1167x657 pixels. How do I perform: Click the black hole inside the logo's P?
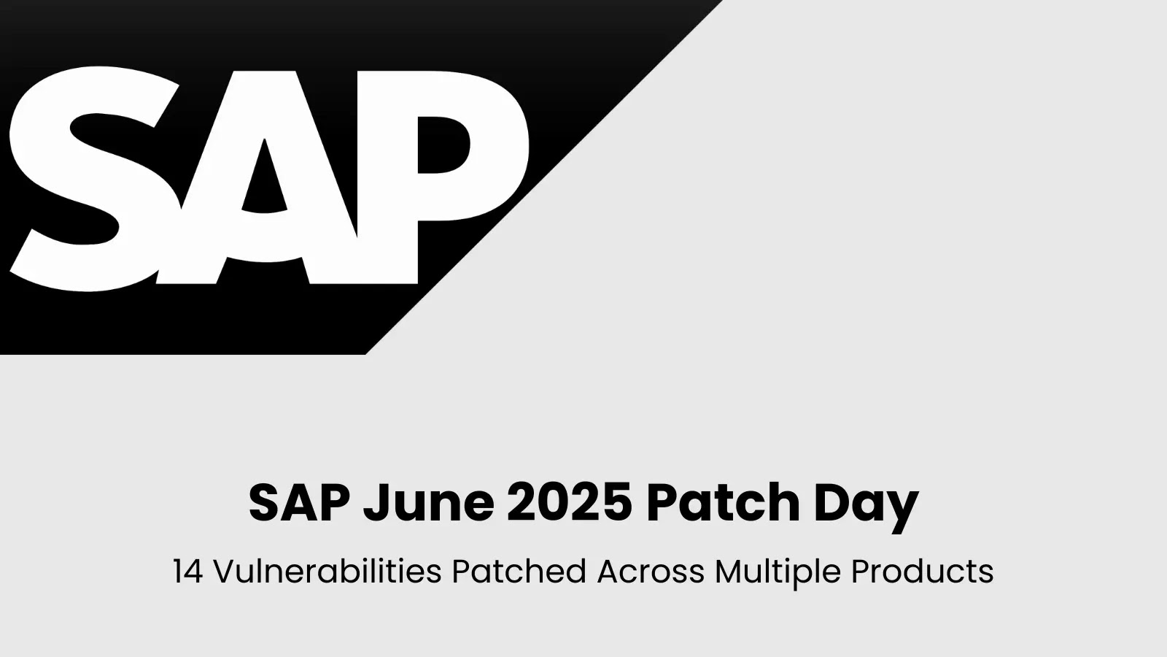click(x=443, y=145)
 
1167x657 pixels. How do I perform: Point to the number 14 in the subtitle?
click(x=187, y=572)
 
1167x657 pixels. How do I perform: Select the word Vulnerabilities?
click(x=327, y=572)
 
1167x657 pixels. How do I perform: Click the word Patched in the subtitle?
click(x=519, y=572)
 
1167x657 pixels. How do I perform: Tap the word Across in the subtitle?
click(x=651, y=572)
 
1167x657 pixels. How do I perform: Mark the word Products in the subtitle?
click(x=922, y=572)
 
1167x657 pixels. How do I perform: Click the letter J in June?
click(x=375, y=502)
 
